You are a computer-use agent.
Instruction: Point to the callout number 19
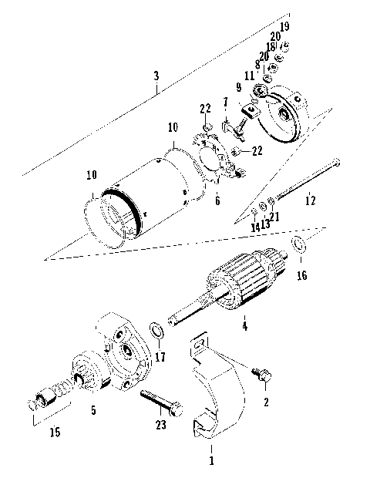pos(284,27)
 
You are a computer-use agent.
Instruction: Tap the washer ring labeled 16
pos(298,247)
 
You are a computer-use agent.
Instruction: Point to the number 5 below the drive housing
pos(93,410)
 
